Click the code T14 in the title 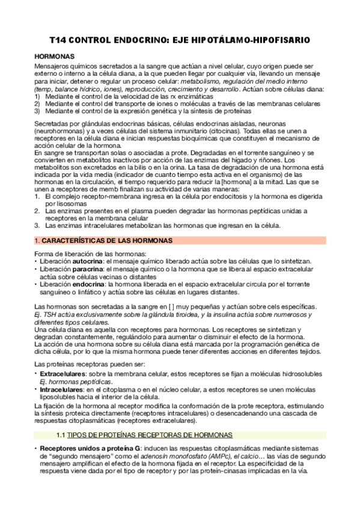pos(58,40)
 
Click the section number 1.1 pos(59,434)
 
